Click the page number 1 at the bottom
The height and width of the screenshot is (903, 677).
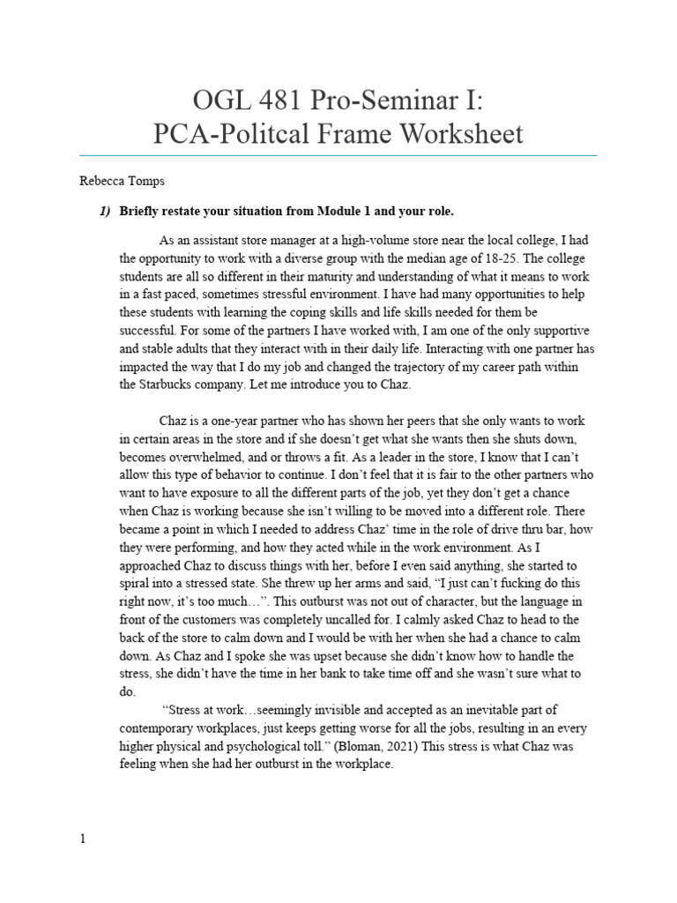click(83, 840)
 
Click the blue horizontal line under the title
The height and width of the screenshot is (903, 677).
click(338, 155)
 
